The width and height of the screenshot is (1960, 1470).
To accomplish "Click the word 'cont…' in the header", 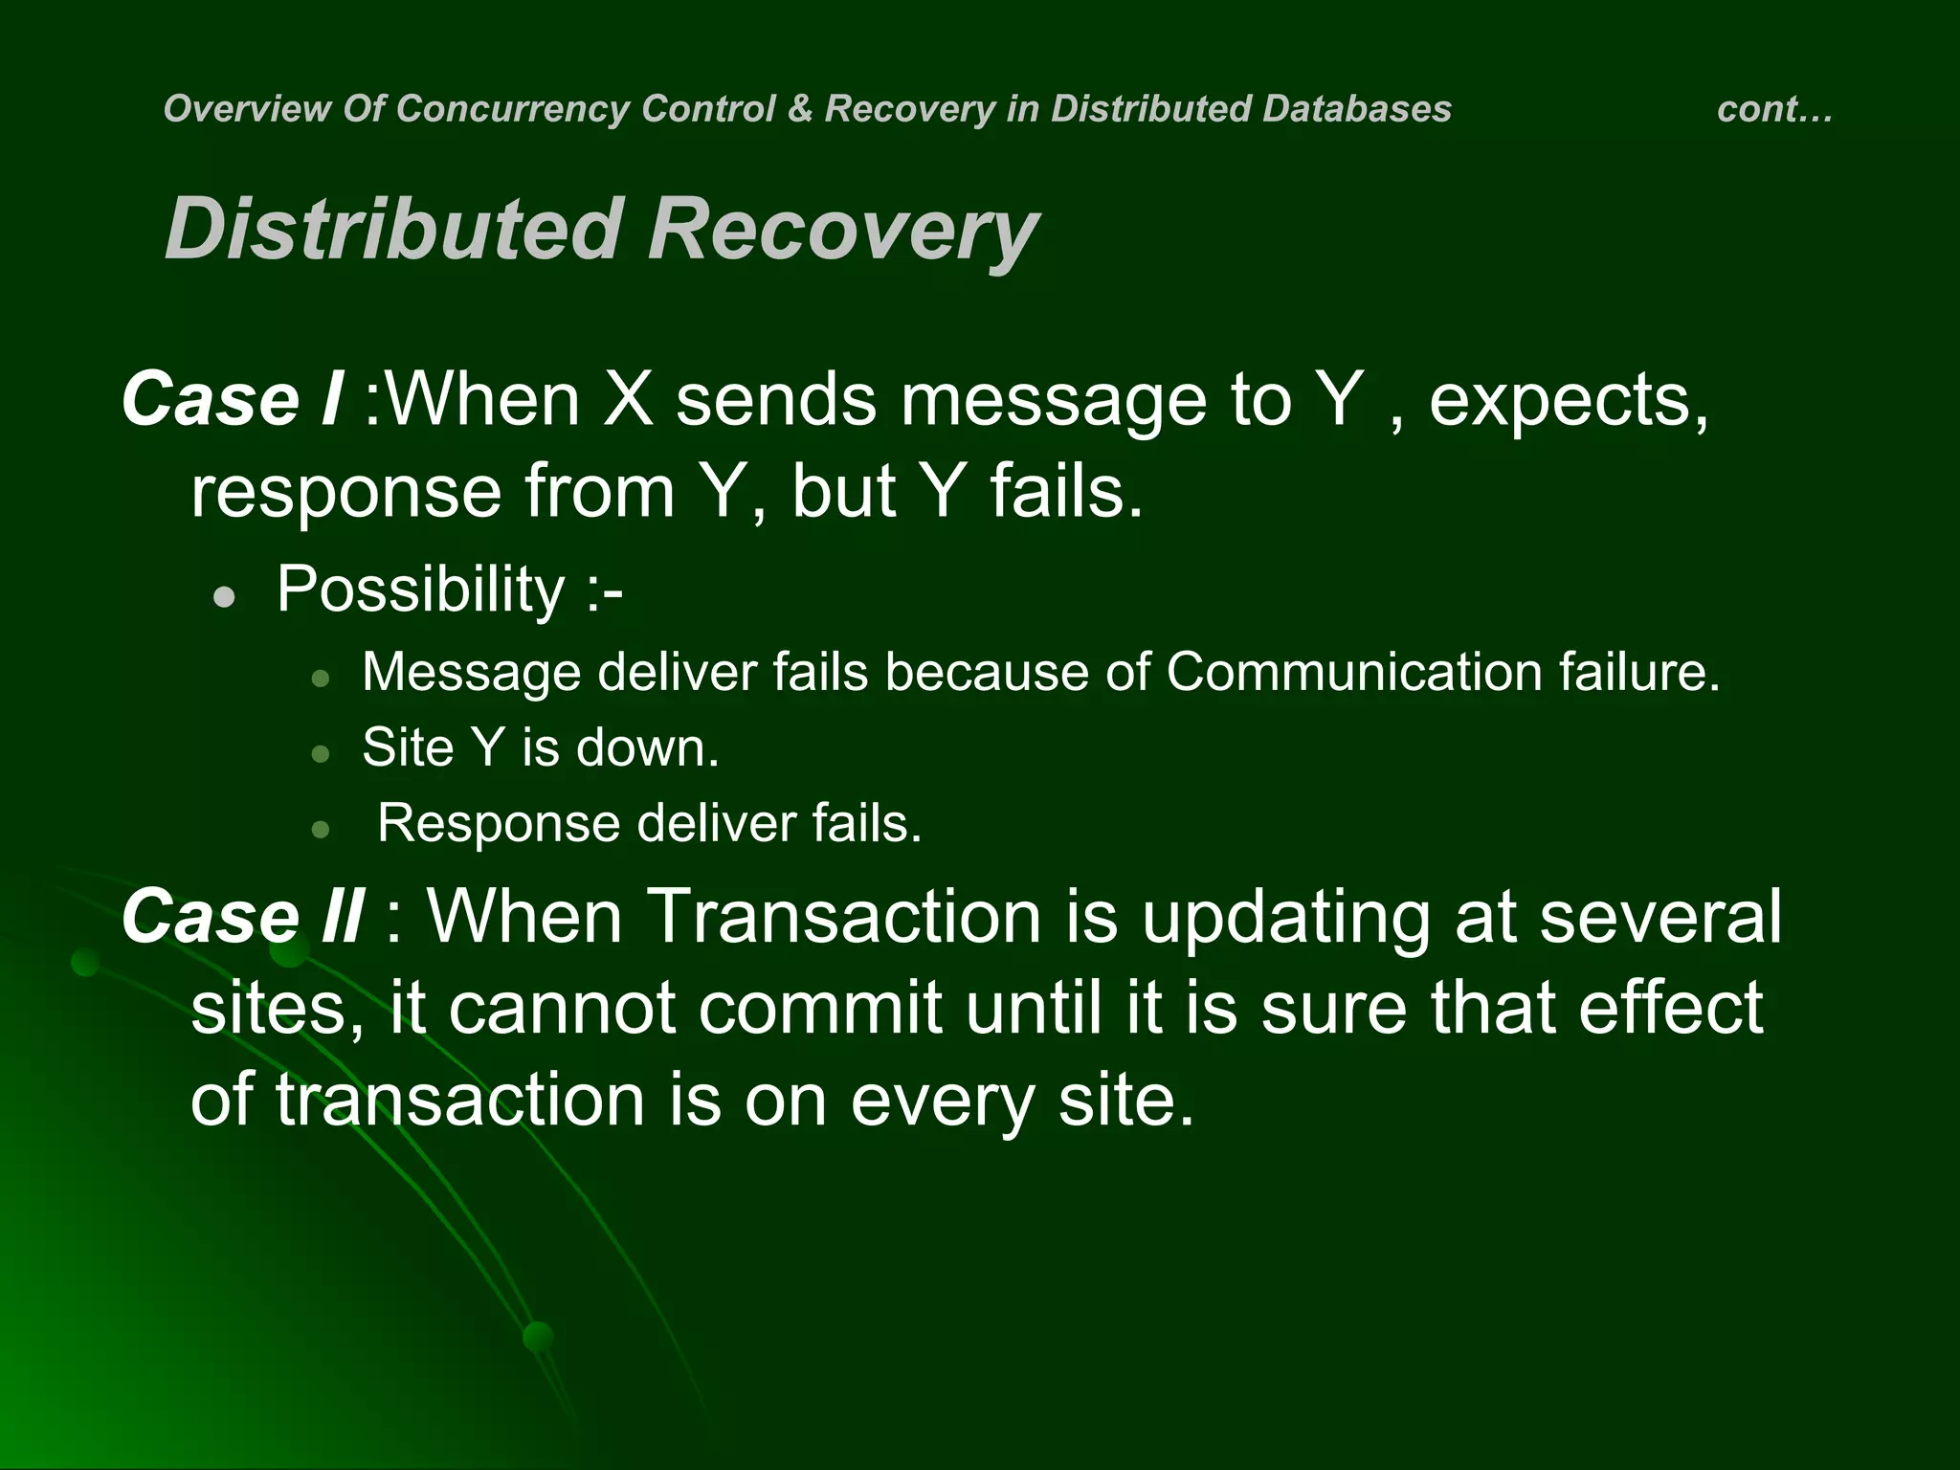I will pyautogui.click(x=1773, y=109).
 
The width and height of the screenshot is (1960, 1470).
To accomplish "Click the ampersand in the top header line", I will pyautogui.click(x=799, y=109).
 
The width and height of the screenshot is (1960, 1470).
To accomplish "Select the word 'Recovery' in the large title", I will pyautogui.click(x=842, y=231).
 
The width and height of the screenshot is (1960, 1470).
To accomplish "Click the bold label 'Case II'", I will pyautogui.click(x=242, y=916).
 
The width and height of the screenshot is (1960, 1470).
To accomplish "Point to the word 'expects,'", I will pyautogui.click(x=1569, y=401).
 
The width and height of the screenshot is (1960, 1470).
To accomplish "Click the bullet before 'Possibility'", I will pyautogui.click(x=225, y=598).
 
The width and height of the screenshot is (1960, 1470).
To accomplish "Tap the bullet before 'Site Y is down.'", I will pyautogui.click(x=321, y=754).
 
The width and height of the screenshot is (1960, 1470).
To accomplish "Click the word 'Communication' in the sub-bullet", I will pyautogui.click(x=1352, y=672).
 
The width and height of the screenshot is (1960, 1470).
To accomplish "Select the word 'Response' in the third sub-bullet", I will pyautogui.click(x=498, y=824).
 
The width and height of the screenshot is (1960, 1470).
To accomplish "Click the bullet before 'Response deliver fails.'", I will pyautogui.click(x=321, y=829).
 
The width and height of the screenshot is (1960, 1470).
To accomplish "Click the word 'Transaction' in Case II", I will pyautogui.click(x=844, y=916).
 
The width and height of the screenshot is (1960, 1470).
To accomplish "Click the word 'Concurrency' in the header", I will pyautogui.click(x=513, y=109).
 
